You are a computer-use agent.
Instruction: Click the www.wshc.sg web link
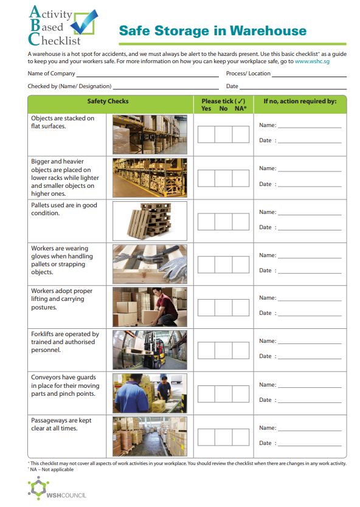click(x=312, y=61)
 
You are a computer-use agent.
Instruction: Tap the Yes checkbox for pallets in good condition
click(x=206, y=221)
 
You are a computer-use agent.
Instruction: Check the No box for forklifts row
click(x=224, y=351)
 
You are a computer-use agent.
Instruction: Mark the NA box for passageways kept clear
click(x=241, y=437)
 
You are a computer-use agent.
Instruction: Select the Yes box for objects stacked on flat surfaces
click(x=206, y=134)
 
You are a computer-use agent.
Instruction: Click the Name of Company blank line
click(x=148, y=77)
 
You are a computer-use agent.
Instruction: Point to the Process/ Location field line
click(x=309, y=77)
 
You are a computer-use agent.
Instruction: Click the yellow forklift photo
click(x=150, y=350)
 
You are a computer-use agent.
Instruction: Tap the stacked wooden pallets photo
click(x=150, y=221)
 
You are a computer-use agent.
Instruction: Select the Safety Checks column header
click(x=108, y=101)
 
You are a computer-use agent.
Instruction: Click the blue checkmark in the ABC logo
click(x=84, y=22)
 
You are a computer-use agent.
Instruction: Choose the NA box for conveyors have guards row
click(x=241, y=394)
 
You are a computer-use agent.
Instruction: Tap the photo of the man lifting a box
click(x=150, y=307)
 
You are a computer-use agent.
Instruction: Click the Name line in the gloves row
click(x=310, y=258)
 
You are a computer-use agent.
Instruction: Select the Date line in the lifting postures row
click(x=310, y=316)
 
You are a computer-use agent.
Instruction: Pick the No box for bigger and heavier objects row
click(x=224, y=178)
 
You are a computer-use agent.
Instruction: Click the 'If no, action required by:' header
click(x=300, y=101)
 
